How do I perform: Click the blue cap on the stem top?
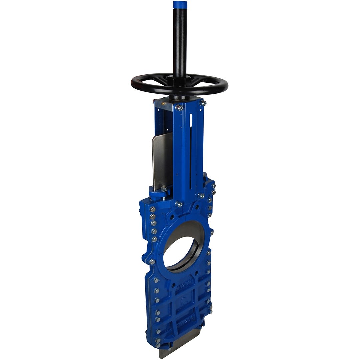(x=180, y=5)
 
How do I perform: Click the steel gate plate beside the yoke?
(x=162, y=160)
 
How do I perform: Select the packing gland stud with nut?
(x=164, y=190)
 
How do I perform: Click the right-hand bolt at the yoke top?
(x=203, y=103)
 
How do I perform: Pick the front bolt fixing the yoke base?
(x=179, y=204)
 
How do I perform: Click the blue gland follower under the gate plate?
(x=157, y=193)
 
